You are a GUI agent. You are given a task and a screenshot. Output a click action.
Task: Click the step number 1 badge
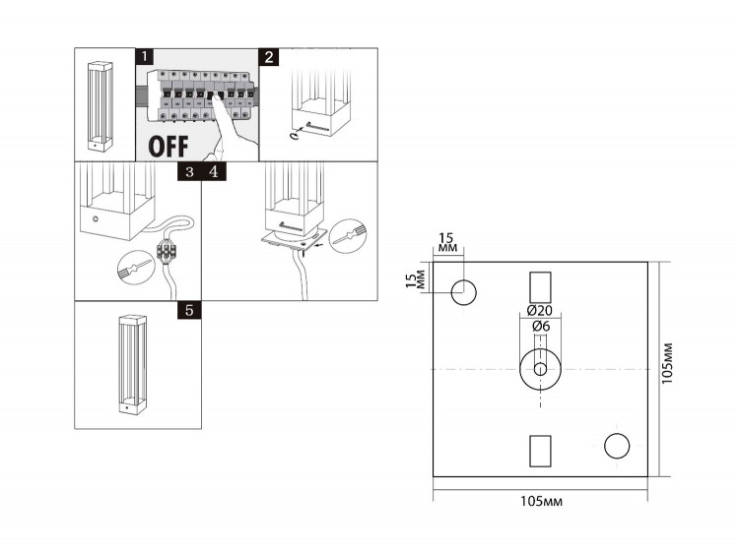click(144, 56)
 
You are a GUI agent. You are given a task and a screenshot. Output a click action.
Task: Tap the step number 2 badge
click(269, 57)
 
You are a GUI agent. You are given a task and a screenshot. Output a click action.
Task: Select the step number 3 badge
click(189, 172)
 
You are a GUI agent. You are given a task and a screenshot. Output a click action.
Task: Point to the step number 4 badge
click(214, 172)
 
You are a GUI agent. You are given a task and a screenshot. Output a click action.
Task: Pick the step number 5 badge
click(189, 310)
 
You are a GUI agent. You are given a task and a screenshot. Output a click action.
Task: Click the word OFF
click(168, 147)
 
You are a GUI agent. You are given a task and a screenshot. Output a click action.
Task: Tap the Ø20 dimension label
click(540, 310)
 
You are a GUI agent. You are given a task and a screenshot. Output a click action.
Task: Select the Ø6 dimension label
click(541, 326)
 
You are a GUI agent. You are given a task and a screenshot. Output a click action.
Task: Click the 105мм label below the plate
click(541, 501)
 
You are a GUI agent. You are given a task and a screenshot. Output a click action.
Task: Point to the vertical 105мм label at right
click(667, 363)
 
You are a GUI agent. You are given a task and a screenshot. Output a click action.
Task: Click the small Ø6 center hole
click(540, 369)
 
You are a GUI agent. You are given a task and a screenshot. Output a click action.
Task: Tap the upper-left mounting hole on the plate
click(464, 292)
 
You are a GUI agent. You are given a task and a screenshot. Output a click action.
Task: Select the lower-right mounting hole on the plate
click(617, 446)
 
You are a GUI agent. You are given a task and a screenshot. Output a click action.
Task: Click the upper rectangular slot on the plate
click(540, 287)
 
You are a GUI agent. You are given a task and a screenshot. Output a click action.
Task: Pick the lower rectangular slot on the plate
click(540, 451)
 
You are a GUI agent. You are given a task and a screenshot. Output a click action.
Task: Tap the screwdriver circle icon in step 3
click(136, 269)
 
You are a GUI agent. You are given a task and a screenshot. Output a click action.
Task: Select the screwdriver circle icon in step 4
click(348, 237)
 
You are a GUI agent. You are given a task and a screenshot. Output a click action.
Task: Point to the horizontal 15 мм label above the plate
click(447, 242)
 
